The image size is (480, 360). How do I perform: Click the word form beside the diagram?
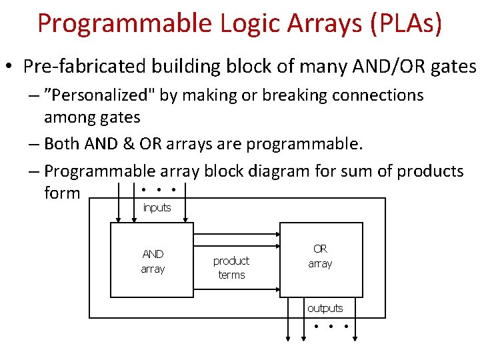click(62, 193)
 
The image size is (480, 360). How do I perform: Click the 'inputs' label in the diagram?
click(157, 207)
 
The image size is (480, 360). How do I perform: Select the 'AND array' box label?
click(153, 261)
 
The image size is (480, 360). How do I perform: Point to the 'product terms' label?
click(231, 267)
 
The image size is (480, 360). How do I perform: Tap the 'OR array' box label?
click(320, 255)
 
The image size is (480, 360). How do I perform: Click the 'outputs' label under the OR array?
click(325, 308)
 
